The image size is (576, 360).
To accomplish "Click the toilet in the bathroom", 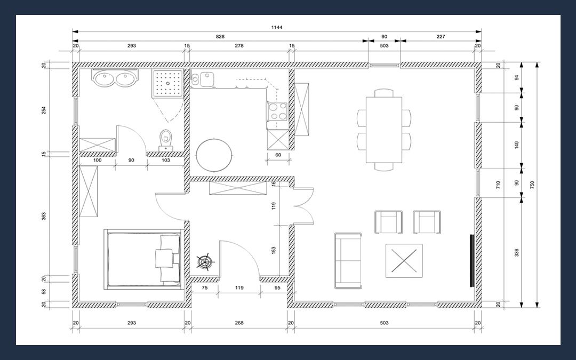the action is (x=166, y=140).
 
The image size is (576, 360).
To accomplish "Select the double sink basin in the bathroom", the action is (x=115, y=77).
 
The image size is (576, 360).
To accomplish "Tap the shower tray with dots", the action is (x=168, y=83).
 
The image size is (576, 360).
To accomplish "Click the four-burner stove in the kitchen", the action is (x=277, y=111).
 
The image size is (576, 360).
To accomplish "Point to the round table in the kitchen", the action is (x=214, y=155).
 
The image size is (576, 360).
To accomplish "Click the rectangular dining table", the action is (x=384, y=130).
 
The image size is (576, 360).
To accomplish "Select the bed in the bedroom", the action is (x=143, y=259).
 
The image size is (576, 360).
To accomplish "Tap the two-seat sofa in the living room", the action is (x=348, y=261).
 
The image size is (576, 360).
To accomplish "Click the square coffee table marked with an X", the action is (x=404, y=261).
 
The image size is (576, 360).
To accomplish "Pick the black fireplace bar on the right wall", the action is (x=472, y=260).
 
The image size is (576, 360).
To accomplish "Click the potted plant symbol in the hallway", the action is (x=205, y=261).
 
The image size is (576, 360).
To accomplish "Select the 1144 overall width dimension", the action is (x=277, y=27).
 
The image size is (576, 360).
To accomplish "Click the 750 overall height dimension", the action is (x=532, y=185).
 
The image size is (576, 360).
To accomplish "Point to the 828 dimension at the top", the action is (x=220, y=36).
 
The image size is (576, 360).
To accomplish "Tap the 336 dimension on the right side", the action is (x=516, y=253).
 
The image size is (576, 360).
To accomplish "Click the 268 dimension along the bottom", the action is (x=239, y=323).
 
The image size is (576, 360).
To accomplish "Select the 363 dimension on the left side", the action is (x=44, y=217).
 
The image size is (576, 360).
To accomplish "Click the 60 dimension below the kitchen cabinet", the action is (x=278, y=155).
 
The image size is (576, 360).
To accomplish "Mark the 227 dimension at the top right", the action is (x=441, y=36).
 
